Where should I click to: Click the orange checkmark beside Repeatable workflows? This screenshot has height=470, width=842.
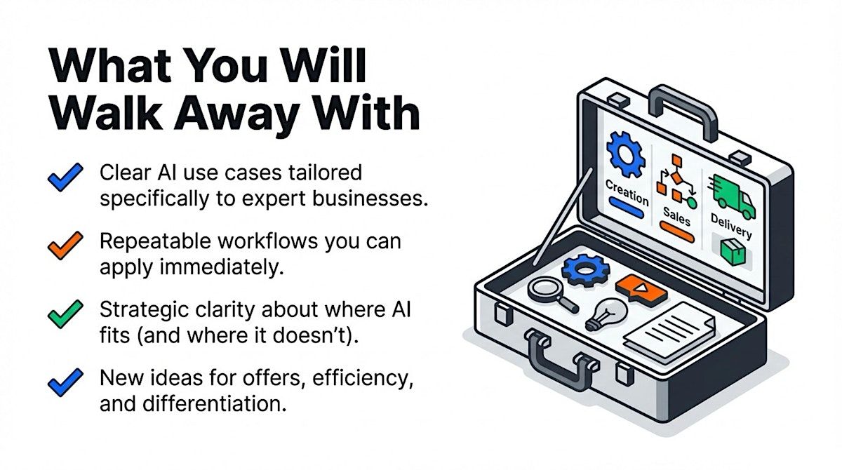(65, 246)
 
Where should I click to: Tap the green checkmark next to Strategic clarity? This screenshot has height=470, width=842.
(65, 314)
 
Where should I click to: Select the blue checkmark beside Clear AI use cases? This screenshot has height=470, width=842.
(65, 177)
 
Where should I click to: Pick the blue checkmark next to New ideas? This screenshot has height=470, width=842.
(65, 382)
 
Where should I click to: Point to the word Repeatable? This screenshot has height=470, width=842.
(155, 242)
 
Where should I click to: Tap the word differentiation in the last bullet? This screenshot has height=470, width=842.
(212, 404)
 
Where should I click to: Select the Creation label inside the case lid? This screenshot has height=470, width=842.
(627, 193)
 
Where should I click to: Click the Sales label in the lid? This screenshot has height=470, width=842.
(676, 217)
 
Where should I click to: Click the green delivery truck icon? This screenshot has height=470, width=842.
(731, 196)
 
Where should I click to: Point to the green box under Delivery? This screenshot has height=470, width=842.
(733, 252)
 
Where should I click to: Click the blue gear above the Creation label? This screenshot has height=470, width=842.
(626, 154)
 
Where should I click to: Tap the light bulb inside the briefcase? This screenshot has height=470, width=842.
(606, 315)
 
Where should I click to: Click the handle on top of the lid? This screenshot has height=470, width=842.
(683, 109)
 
